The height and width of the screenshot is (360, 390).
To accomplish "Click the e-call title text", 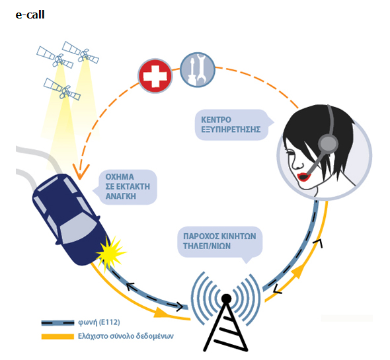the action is tap(30, 15).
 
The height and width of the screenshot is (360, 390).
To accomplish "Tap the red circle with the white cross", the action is tap(155, 76).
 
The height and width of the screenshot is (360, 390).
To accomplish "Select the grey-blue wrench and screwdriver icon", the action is tap(198, 69).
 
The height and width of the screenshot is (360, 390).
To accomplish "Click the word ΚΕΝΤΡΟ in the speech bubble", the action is tap(216, 120).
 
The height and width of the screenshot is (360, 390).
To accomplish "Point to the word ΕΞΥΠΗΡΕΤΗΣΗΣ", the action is tap(231, 129).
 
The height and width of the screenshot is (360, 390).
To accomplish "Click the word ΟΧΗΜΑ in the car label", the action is tap(120, 177).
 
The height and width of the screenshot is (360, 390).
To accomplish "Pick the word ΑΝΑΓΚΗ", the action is tap(121, 196).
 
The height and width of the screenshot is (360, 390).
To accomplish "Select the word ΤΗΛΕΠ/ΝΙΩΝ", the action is tap(207, 246).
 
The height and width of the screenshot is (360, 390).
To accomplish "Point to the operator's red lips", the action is tap(304, 177).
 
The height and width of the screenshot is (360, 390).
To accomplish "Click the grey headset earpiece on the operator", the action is tap(328, 143).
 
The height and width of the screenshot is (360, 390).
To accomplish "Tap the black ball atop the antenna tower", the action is tap(226, 299).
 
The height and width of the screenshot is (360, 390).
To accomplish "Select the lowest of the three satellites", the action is tap(62, 89).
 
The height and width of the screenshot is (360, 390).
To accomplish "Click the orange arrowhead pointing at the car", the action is tap(80, 172).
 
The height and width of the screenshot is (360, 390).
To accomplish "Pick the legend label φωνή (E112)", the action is tap(99, 322).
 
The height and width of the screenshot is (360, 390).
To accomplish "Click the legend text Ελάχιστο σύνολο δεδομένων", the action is tap(126, 336).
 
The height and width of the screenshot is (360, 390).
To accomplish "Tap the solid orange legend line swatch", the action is tap(58, 336).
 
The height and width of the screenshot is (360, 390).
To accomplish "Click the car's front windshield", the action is tap(78, 229).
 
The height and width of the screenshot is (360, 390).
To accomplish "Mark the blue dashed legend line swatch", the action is tap(58, 323).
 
